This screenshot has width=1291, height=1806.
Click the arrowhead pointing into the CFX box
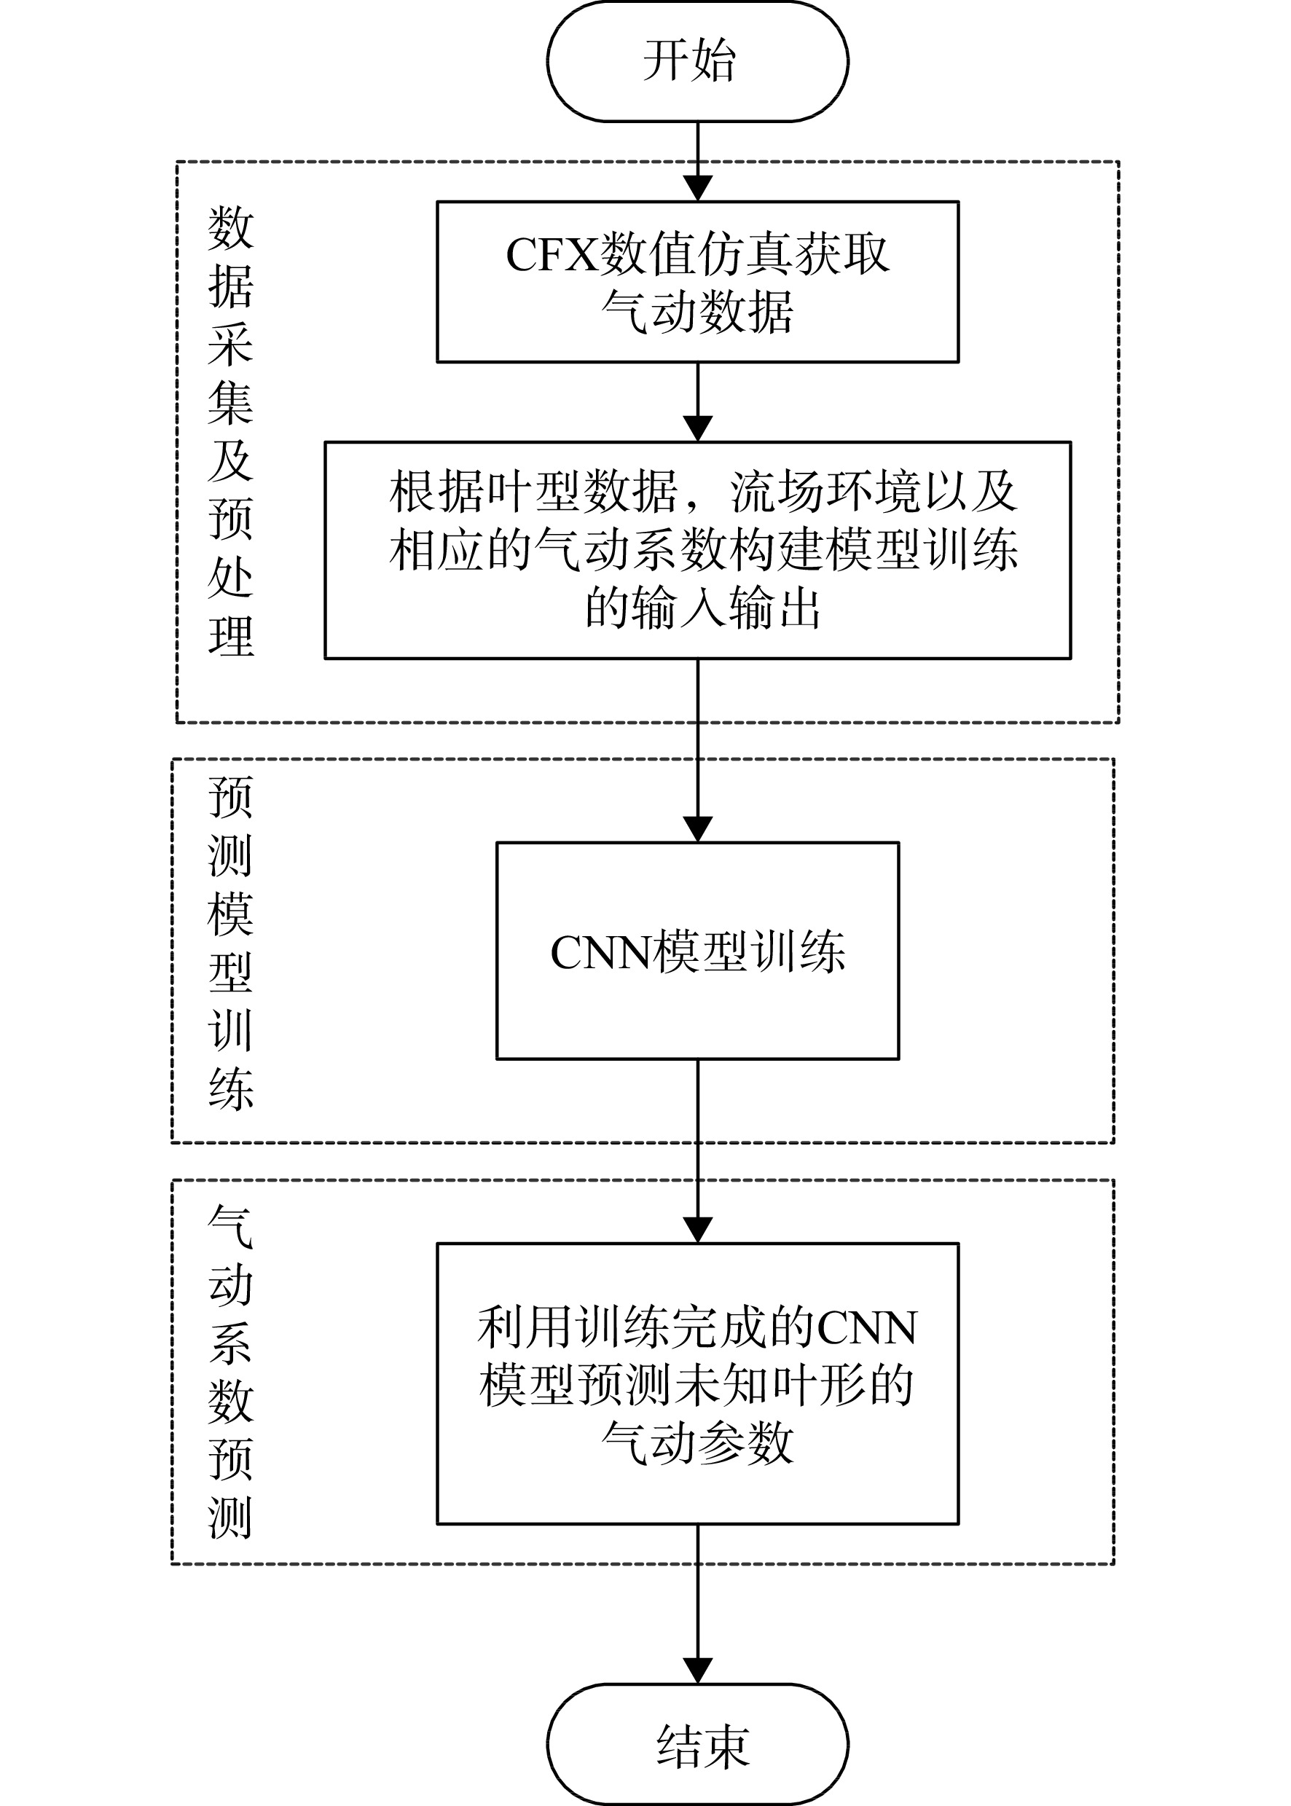pos(697,189)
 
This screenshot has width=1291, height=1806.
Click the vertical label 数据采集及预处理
pos(230,431)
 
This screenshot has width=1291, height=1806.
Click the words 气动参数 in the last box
pos(697,1442)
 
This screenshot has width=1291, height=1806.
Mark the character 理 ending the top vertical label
pos(230,636)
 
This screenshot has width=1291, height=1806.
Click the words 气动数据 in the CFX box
pos(697,311)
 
